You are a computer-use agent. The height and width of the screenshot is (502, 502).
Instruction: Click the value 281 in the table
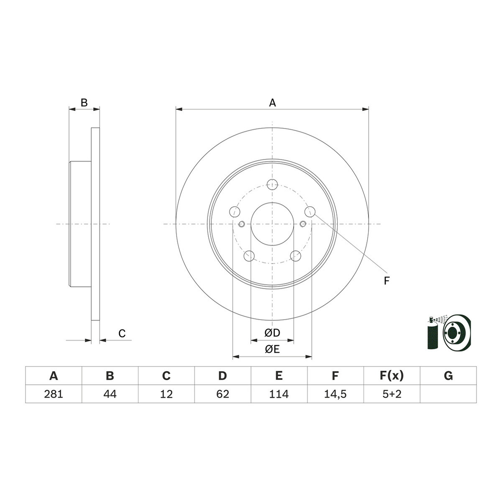(54, 394)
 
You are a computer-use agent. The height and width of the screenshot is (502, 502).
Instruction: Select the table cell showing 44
(110, 394)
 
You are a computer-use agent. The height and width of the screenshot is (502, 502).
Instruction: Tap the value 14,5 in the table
(335, 394)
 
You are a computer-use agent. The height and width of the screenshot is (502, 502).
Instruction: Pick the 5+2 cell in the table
(392, 394)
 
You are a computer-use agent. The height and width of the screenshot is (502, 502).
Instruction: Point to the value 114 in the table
(279, 394)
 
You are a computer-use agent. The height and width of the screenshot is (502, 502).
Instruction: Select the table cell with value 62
(223, 394)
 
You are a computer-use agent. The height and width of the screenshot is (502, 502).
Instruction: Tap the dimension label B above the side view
(84, 102)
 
